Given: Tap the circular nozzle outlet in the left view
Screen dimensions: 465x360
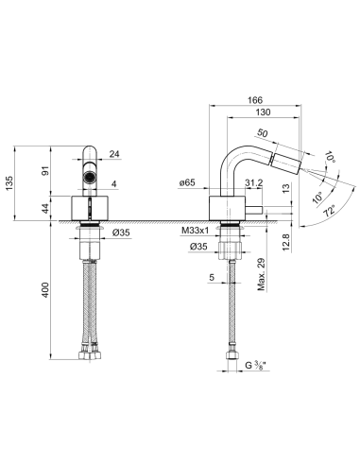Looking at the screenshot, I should click(88, 176).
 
